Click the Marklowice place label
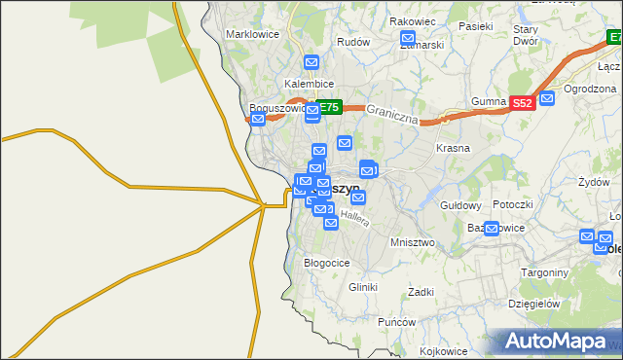(x=252, y=34)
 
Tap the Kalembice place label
(x=310, y=84)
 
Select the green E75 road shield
(x=329, y=108)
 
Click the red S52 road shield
(x=523, y=102)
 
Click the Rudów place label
(x=352, y=42)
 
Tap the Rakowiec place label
(x=412, y=21)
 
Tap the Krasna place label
(x=453, y=149)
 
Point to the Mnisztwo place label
(x=411, y=241)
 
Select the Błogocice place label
(x=326, y=263)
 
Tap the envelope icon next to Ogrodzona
(x=547, y=97)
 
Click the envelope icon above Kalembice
(x=311, y=63)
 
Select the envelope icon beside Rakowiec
(x=408, y=39)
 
